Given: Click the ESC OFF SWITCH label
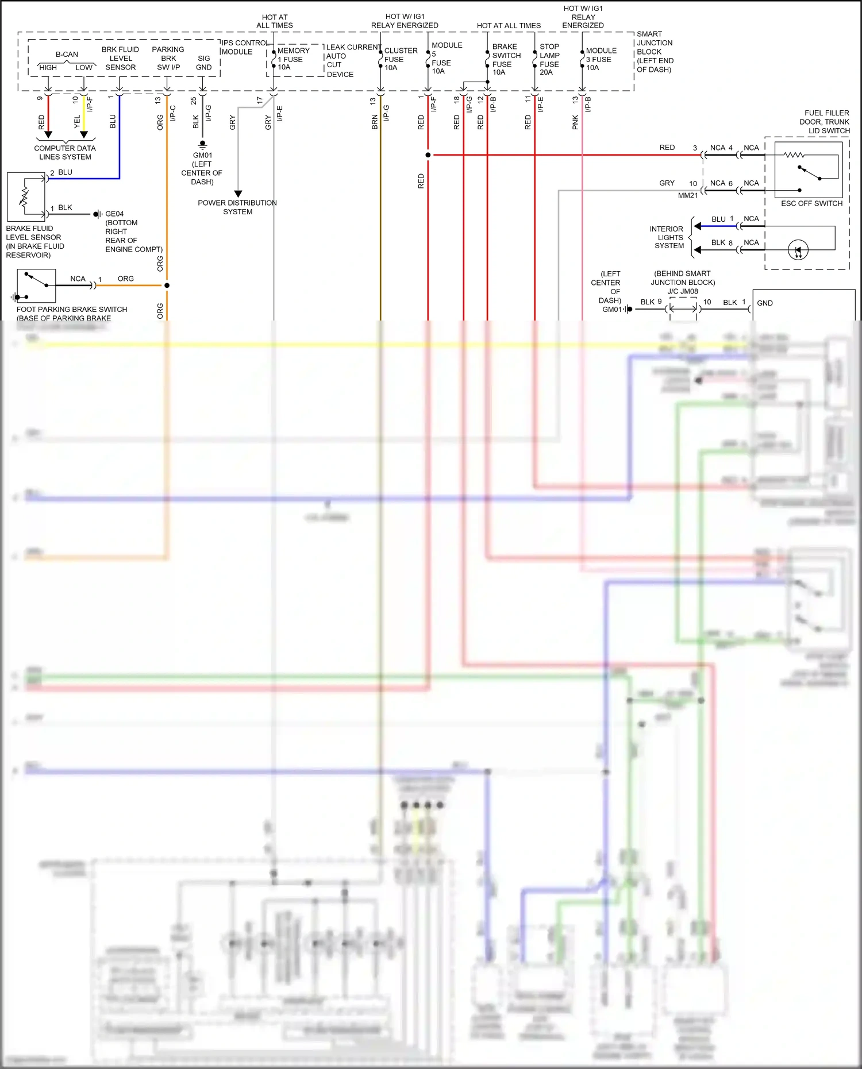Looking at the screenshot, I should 811,203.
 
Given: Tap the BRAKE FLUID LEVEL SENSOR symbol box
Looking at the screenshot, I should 26,197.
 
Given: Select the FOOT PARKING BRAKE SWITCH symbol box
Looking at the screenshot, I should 36,285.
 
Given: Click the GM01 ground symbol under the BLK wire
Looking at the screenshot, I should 202,144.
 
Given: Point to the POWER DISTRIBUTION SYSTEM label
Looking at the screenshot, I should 237,207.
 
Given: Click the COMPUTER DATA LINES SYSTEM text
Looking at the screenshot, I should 65,152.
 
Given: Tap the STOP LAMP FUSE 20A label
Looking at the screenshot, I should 549,59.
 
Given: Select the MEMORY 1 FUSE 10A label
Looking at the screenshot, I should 293,59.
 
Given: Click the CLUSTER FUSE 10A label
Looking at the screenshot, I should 400,59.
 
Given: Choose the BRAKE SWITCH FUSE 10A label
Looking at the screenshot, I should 506,59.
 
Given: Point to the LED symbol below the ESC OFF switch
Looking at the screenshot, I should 798,250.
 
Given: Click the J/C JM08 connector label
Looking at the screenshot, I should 683,291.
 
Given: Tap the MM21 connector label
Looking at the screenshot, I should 688,195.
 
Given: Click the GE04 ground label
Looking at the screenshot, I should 114,214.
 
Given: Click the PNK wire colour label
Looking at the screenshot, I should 575,122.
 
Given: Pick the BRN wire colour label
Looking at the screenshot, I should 375,122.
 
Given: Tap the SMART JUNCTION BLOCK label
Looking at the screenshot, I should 655,52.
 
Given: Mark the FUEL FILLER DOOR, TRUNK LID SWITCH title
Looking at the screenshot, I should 826,122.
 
